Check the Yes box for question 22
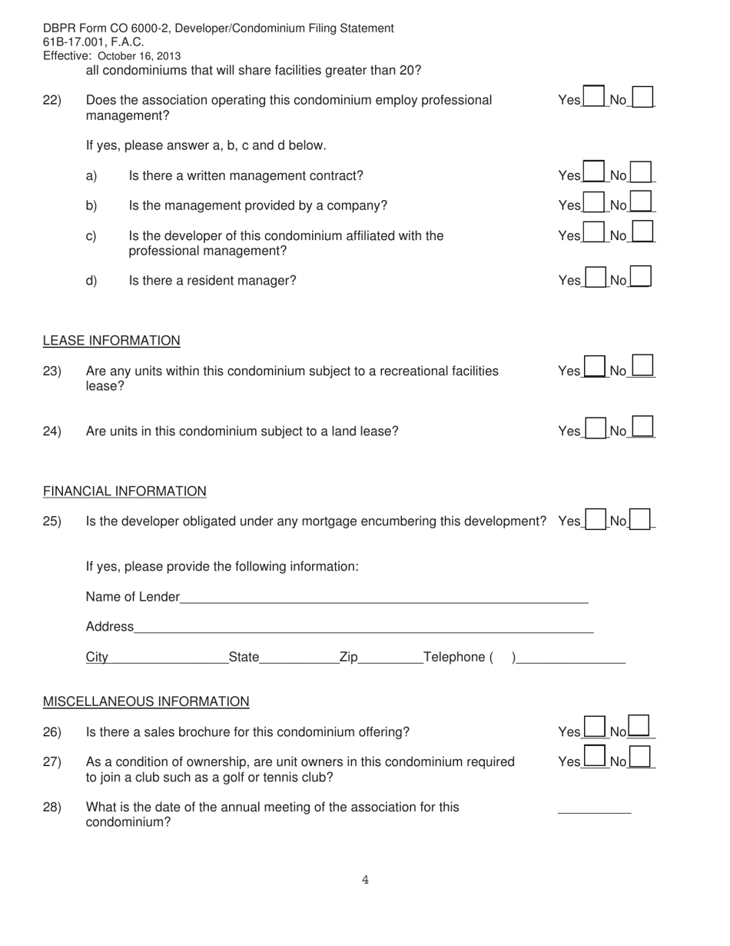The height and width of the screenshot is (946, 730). [593, 98]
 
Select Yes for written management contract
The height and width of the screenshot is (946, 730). [593, 172]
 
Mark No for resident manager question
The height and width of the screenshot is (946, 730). [640, 277]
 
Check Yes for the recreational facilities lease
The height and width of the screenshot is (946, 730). [594, 367]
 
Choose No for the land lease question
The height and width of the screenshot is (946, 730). [642, 428]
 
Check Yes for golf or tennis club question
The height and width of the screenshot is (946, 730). [593, 758]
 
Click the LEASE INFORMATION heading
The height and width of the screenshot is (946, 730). [111, 341]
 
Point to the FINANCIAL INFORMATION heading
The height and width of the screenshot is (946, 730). [124, 491]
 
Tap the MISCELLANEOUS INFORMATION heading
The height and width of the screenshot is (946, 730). [146, 701]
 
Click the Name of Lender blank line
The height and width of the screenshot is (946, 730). [384, 598]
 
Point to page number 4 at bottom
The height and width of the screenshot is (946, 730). [365, 881]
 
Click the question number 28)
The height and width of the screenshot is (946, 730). [52, 808]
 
